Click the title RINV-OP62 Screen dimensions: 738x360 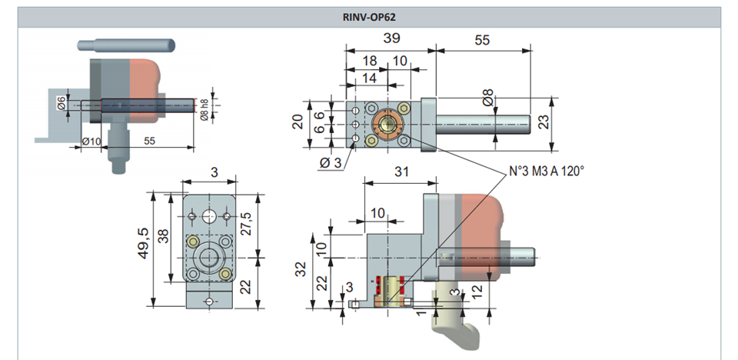point(369,18)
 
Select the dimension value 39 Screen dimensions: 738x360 point(391,38)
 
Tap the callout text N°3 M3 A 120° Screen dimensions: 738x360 point(547,171)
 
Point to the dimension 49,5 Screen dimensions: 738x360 point(143,242)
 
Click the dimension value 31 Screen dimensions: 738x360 point(401,172)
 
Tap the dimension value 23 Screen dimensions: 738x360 point(544,122)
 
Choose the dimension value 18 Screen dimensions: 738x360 point(371,62)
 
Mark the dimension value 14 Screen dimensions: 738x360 point(370,78)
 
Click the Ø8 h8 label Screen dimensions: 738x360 point(204,110)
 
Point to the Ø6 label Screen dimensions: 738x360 point(61,103)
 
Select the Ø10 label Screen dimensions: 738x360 point(91,142)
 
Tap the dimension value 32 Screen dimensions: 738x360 point(301,268)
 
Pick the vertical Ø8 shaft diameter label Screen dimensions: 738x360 point(488,98)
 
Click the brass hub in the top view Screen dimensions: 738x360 point(387,125)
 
